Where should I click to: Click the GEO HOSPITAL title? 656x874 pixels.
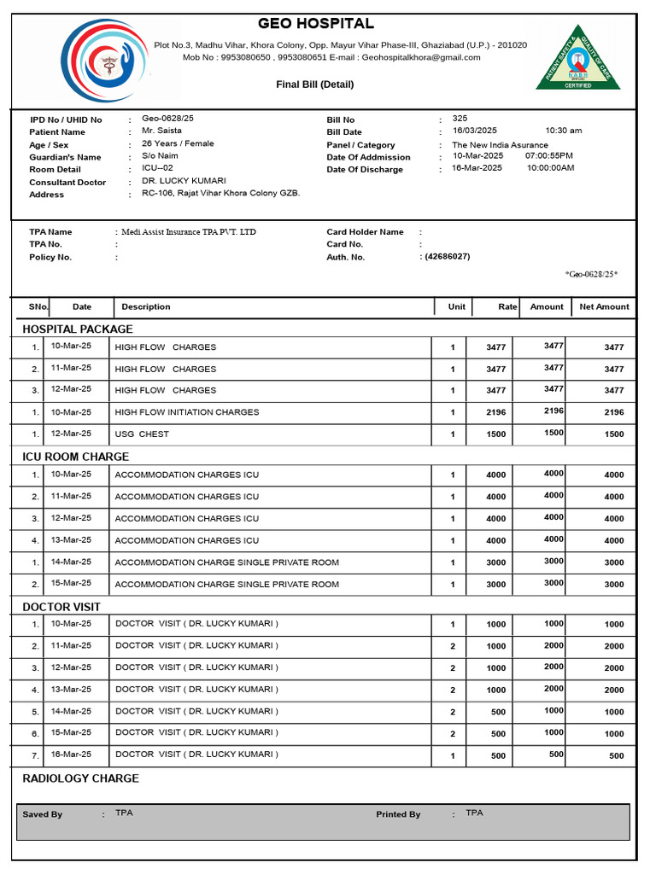[316, 24]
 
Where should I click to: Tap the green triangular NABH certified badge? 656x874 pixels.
[578, 60]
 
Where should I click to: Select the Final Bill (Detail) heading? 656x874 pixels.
[314, 84]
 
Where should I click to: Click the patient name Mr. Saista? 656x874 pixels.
[161, 131]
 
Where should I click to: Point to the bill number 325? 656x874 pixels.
[460, 119]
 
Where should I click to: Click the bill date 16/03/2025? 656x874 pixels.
[474, 131]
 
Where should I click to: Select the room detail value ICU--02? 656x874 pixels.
[157, 168]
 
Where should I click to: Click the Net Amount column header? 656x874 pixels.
[604, 307]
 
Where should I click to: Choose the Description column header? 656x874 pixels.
[146, 307]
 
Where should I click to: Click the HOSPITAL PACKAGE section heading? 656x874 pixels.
[78, 329]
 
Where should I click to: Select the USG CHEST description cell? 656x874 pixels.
[142, 434]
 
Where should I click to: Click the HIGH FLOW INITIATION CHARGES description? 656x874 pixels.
[186, 412]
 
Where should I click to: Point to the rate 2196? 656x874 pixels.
[496, 412]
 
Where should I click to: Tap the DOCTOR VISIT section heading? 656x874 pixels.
[61, 607]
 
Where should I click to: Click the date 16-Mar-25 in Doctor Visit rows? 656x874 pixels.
[71, 755]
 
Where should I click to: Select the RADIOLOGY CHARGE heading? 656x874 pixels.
[80, 778]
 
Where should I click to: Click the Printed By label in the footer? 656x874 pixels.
[398, 814]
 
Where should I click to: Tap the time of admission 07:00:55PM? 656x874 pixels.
[549, 156]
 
